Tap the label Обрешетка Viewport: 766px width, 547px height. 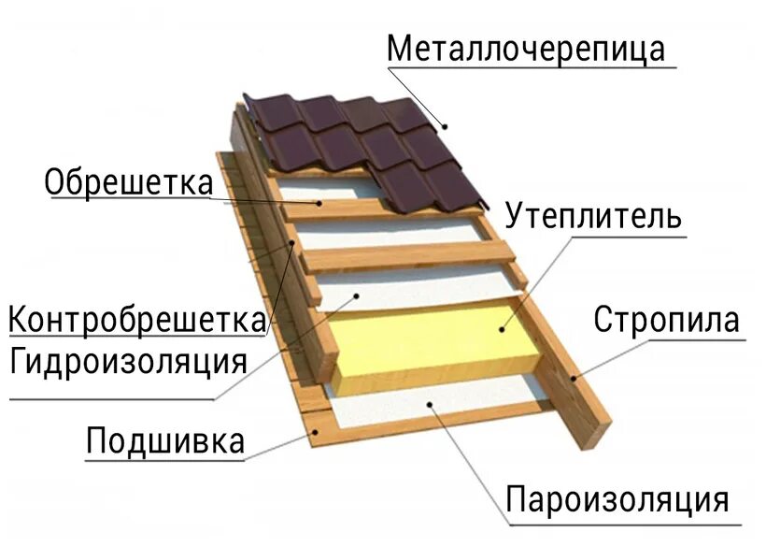[129, 181]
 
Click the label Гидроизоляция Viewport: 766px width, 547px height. [129, 360]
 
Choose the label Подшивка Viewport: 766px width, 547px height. [165, 439]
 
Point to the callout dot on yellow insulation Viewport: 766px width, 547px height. [501, 328]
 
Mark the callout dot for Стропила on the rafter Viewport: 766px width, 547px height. [573, 379]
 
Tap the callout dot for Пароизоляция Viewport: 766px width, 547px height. [429, 404]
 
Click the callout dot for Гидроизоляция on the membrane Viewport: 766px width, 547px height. [356, 295]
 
